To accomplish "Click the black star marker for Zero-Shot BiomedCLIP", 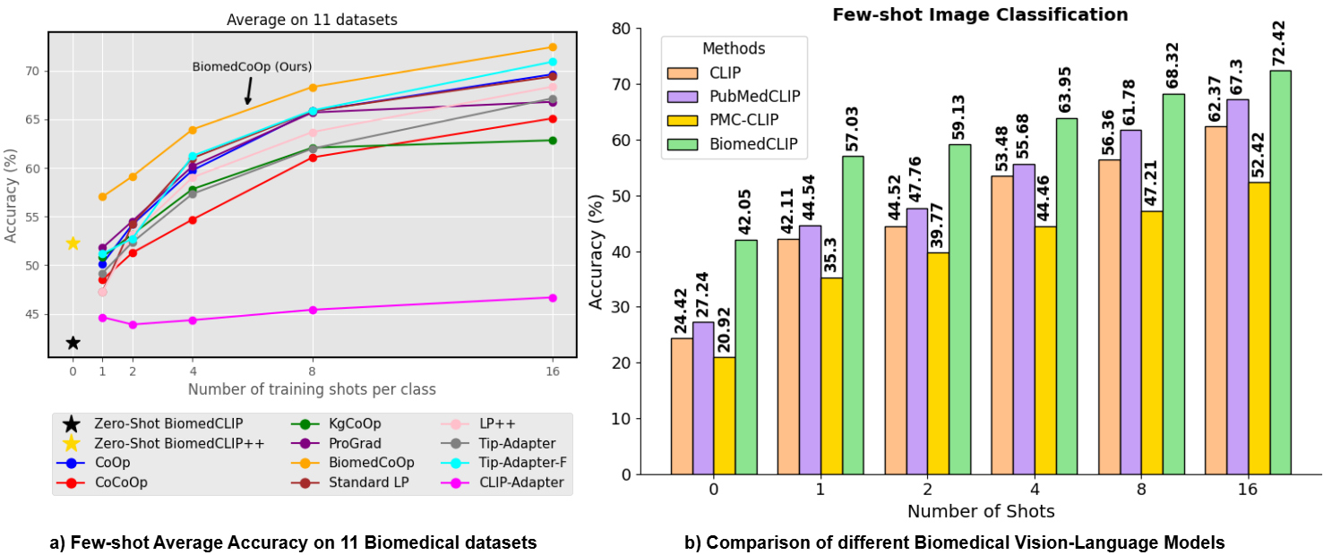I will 73,343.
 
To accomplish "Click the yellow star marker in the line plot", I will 73,243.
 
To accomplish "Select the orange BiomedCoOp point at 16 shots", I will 552,47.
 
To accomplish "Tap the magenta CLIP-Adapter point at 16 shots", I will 552,298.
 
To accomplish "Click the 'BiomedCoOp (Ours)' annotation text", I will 253,66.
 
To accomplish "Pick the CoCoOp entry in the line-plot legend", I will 122,482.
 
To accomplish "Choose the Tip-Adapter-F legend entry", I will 520,463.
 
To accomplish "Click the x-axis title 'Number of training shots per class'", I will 312,389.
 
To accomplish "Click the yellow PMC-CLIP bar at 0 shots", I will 725,415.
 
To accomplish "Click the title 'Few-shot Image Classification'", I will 980,14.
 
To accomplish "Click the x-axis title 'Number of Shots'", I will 980,512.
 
